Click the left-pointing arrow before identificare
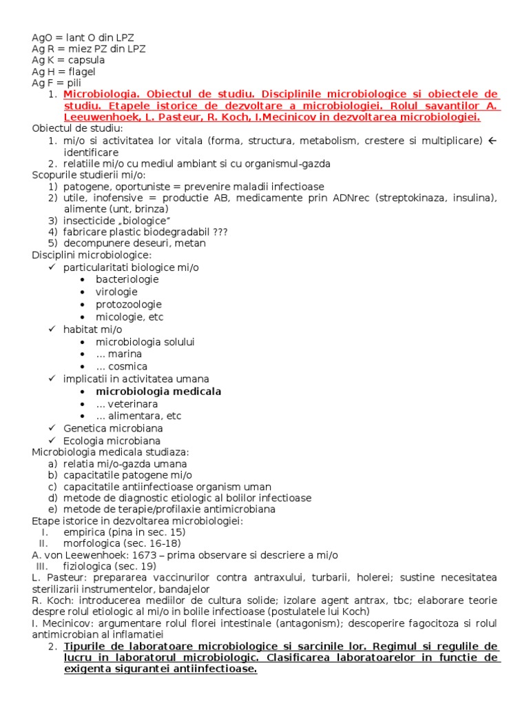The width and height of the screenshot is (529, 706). tap(492, 141)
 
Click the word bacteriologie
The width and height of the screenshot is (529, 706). tap(127, 279)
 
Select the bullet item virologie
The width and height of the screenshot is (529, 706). tap(117, 292)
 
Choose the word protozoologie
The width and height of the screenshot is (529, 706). tap(129, 304)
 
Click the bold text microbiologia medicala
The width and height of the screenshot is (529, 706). tap(158, 391)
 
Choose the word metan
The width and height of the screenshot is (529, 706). tap(192, 243)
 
